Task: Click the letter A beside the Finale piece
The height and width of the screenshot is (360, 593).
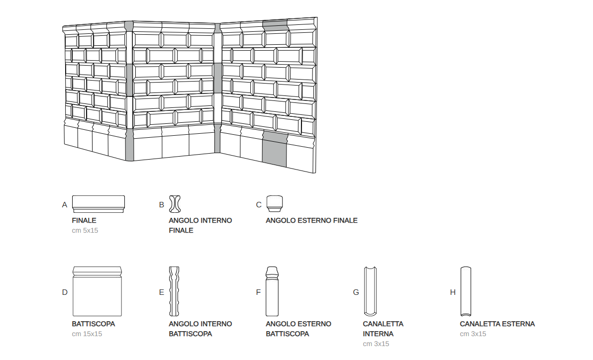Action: (65, 204)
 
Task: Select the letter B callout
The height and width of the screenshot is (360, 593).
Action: (161, 204)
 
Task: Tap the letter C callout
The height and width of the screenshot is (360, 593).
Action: (259, 204)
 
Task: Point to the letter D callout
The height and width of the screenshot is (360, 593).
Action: (65, 292)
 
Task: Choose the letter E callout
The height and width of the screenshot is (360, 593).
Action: (161, 292)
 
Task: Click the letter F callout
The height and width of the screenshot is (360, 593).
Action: (258, 292)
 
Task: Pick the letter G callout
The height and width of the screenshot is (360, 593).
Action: (356, 292)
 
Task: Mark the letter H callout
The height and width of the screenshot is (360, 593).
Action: (453, 292)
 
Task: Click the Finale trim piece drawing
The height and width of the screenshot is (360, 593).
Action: (99, 204)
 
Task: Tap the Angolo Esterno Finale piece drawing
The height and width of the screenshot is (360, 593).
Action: (274, 203)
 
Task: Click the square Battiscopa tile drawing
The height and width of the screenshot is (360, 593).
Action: (97, 291)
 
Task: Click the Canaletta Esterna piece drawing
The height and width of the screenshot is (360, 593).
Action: (466, 291)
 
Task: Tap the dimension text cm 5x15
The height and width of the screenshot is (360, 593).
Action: (85, 230)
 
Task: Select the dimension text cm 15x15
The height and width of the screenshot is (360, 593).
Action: (87, 334)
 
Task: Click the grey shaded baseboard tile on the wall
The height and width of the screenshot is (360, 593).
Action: (275, 149)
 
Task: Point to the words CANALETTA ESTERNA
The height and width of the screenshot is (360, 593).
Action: (497, 324)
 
